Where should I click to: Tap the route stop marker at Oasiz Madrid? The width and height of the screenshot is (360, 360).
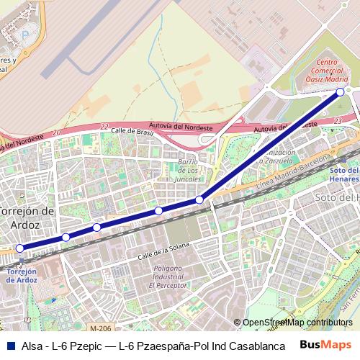(x=341, y=92)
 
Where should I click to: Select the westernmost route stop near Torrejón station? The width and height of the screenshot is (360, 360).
(x=20, y=248)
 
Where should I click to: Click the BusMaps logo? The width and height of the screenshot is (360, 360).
(x=325, y=345)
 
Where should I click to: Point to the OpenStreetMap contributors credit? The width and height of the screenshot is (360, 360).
(x=297, y=323)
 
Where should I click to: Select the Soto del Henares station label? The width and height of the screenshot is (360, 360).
(x=344, y=174)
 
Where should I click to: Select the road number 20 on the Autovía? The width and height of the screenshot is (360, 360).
(x=56, y=132)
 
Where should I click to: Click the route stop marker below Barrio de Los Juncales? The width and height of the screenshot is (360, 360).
(x=199, y=199)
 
